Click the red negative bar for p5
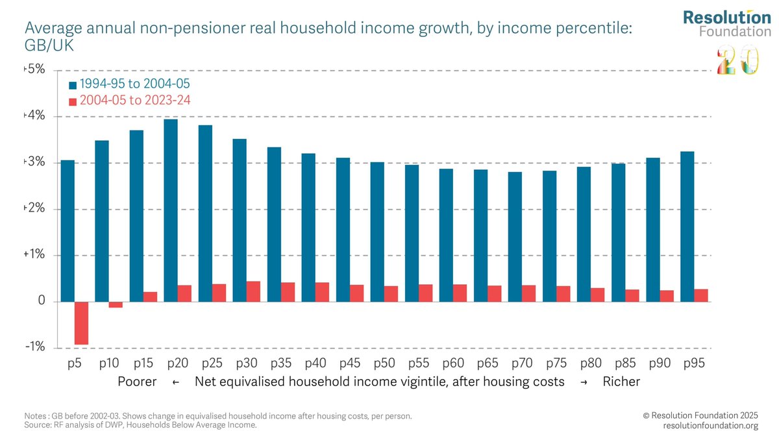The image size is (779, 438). coord(81,323)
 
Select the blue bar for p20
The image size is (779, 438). coord(171,210)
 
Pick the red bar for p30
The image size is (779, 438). coord(253,291)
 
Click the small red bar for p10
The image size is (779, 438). coord(116,304)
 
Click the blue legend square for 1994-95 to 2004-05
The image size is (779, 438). coord(73,84)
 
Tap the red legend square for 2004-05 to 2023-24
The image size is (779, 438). coord(73,101)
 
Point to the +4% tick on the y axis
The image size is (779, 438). coord(35,117)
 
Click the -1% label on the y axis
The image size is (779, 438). coord(34,348)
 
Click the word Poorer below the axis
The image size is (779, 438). coord(137,382)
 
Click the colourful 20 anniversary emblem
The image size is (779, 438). coord(736,60)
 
